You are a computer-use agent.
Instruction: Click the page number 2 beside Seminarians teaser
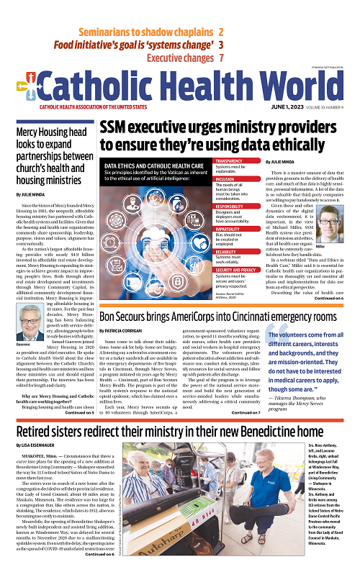point(220,32)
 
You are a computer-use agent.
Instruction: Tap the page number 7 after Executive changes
point(221,58)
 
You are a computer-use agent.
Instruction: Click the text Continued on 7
point(246,413)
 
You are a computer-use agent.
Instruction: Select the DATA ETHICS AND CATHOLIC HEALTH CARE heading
point(150,166)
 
